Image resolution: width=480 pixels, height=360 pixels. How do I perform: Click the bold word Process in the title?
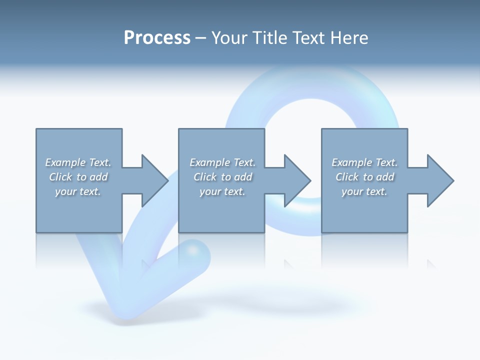pyautogui.click(x=157, y=38)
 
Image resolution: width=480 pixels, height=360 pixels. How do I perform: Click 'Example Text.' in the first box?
pyautogui.click(x=78, y=162)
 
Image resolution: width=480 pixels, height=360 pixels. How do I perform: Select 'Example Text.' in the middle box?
pyautogui.click(x=222, y=162)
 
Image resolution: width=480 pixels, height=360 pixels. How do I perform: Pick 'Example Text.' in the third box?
pyautogui.click(x=364, y=162)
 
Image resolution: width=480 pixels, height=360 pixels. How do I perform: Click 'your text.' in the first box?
pyautogui.click(x=78, y=191)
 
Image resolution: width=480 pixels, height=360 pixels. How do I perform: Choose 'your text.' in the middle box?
pyautogui.click(x=222, y=191)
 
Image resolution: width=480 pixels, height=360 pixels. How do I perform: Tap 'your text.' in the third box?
pyautogui.click(x=364, y=191)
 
